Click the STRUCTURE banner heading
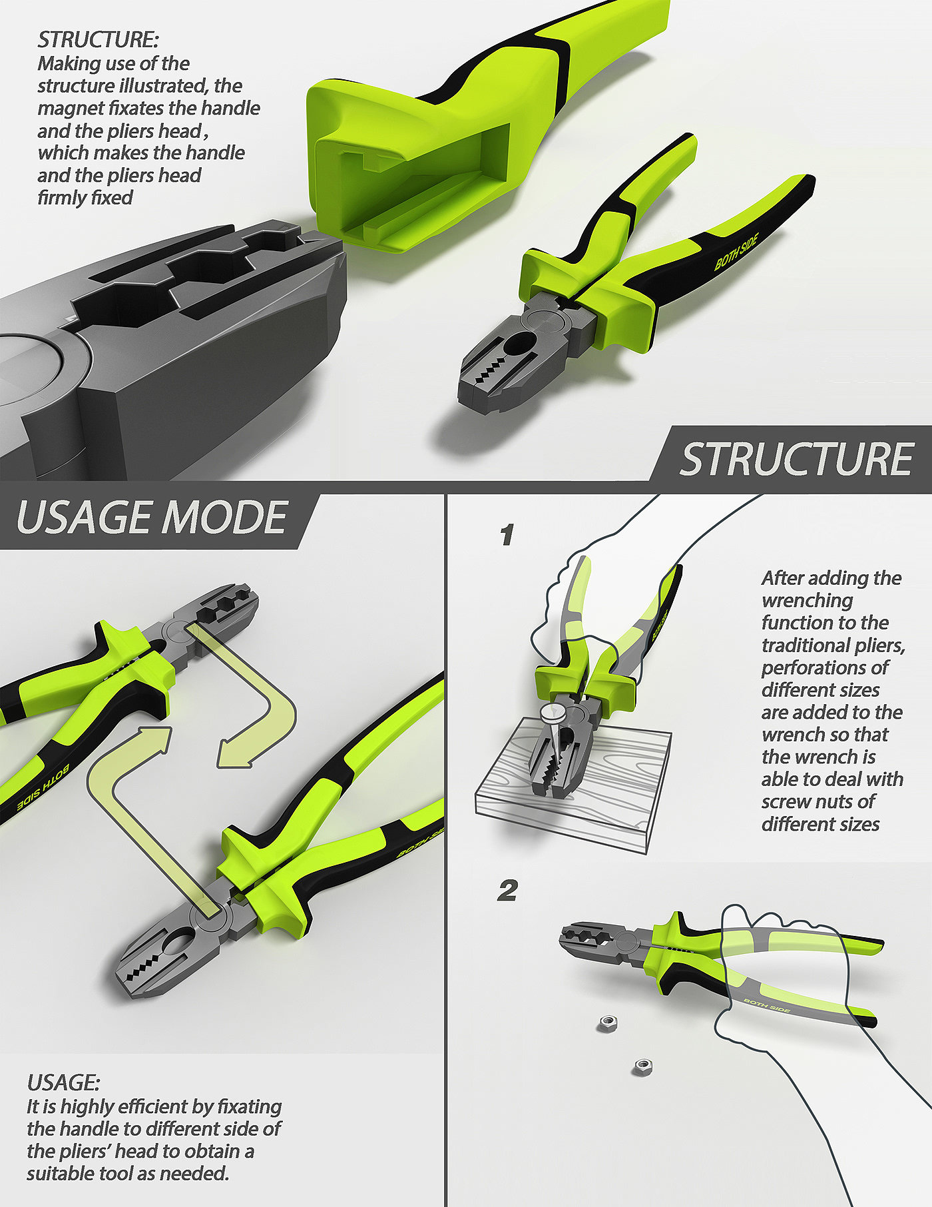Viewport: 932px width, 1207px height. click(796, 459)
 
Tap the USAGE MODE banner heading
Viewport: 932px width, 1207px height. click(152, 518)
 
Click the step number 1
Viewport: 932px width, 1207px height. click(507, 534)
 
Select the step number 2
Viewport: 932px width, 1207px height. click(507, 891)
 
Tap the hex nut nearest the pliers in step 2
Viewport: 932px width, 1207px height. click(606, 1022)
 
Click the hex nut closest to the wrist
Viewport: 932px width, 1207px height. click(642, 1066)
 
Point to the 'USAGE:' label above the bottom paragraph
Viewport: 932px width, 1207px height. click(63, 1081)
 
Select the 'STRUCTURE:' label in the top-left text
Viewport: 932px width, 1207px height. click(98, 40)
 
